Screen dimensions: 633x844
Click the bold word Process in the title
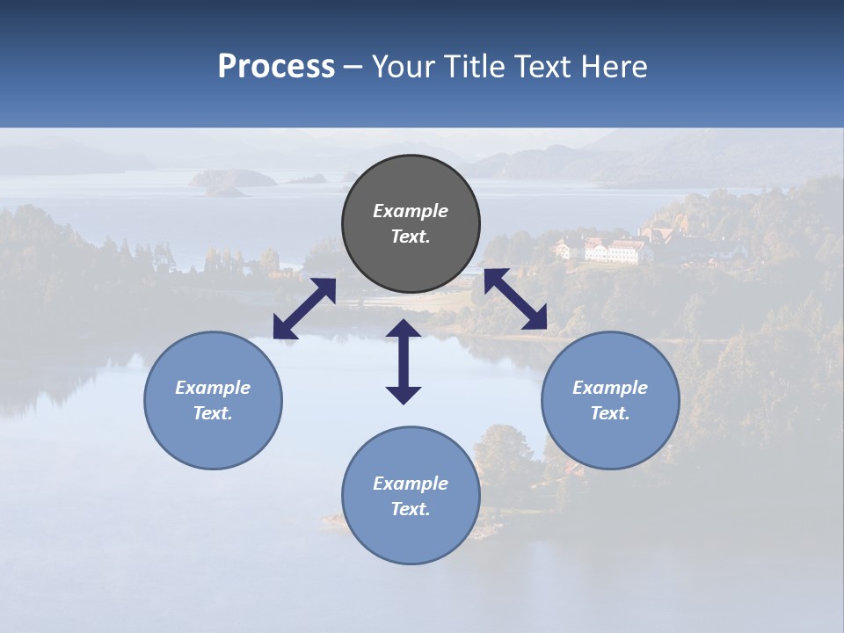(276, 67)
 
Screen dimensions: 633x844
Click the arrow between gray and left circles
(304, 309)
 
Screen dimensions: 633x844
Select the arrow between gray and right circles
(515, 300)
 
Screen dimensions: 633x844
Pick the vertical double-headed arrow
(404, 361)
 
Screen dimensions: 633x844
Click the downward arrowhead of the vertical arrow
(404, 393)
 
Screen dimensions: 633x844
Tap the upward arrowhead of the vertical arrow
(404, 331)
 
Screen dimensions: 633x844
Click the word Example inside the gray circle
(411, 211)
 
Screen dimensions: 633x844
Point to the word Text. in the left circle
(213, 413)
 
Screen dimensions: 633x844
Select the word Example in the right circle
(610, 388)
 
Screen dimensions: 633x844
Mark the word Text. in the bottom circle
(411, 509)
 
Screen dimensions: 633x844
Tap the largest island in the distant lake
(234, 178)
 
